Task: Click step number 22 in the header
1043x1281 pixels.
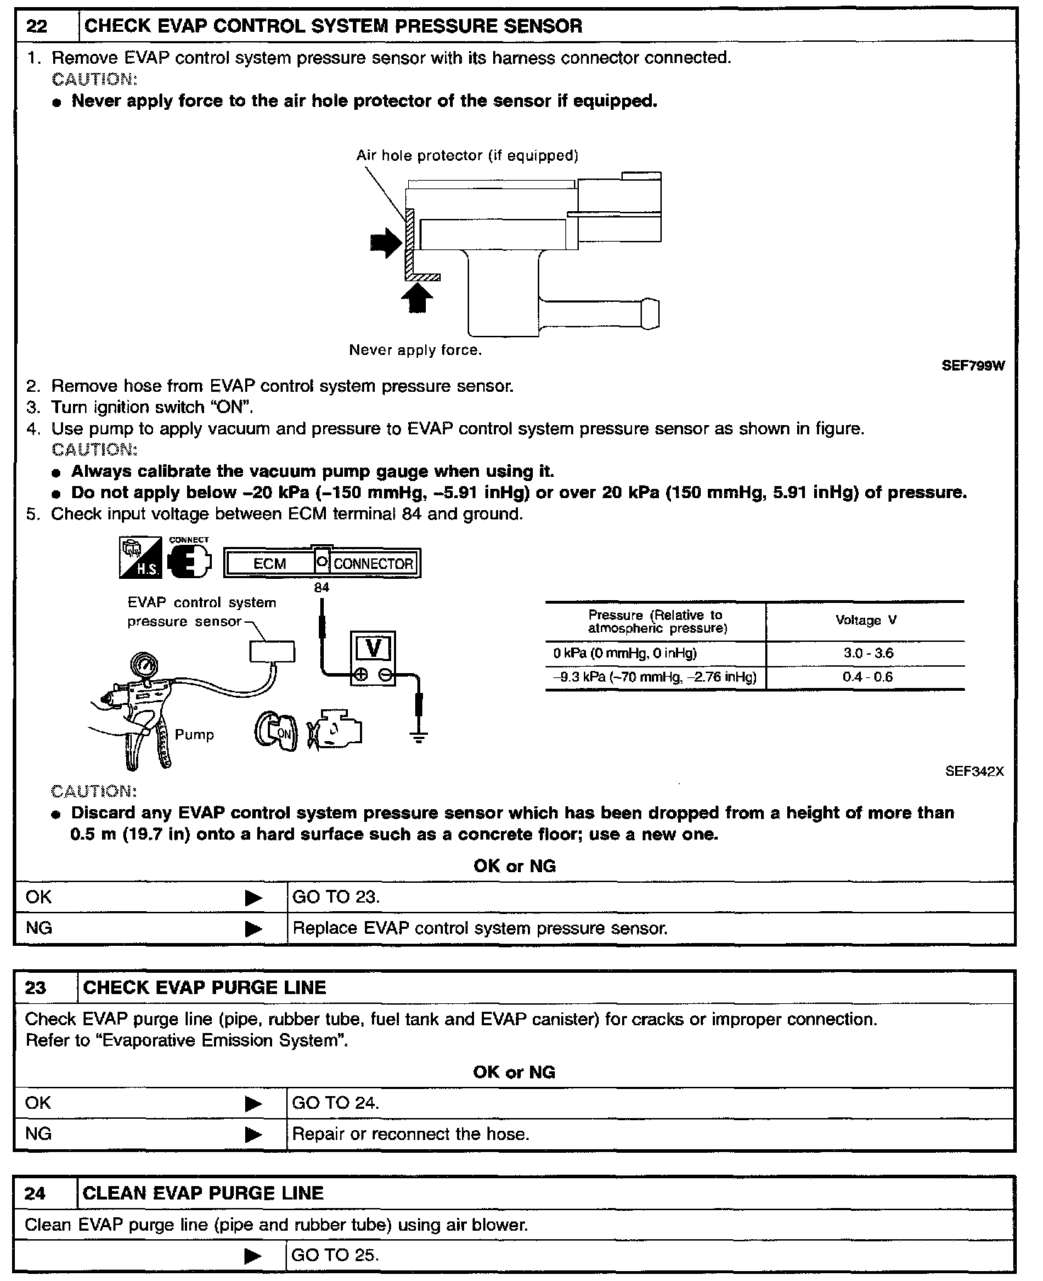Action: point(36,27)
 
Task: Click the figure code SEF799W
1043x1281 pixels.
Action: point(972,366)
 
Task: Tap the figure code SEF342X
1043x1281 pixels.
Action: point(974,772)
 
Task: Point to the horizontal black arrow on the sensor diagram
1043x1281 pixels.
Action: point(385,244)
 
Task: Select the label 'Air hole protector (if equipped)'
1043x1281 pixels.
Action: point(467,155)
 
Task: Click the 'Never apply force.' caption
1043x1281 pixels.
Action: point(415,350)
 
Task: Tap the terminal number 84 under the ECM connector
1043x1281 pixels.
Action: point(322,587)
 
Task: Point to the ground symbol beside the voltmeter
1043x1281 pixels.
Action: point(419,738)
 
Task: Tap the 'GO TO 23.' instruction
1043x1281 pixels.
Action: point(336,897)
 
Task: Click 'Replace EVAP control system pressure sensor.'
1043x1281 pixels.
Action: point(480,928)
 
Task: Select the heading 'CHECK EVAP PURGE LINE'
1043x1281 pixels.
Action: point(205,988)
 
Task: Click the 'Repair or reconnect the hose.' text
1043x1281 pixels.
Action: point(411,1134)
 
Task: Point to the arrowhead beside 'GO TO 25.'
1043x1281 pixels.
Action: point(253,1256)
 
